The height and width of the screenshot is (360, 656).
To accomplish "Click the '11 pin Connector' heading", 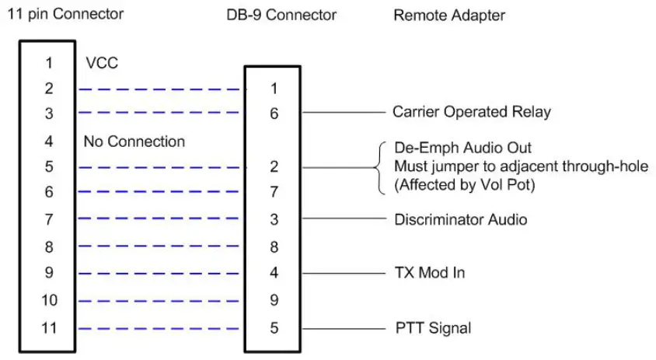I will (x=65, y=14).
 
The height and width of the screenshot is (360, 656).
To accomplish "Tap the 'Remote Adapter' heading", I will (x=449, y=15).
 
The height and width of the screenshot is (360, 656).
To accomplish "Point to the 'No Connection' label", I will (x=134, y=142).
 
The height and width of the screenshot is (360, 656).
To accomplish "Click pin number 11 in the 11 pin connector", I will (x=49, y=327).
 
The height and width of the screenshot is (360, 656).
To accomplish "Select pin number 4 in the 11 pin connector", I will (x=49, y=142).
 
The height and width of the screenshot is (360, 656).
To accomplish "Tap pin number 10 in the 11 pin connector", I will (x=49, y=300).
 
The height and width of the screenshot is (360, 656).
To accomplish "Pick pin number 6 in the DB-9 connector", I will (x=274, y=114).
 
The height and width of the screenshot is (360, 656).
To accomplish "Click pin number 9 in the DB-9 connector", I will (x=274, y=300).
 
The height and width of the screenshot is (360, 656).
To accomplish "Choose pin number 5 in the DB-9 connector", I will (x=274, y=327).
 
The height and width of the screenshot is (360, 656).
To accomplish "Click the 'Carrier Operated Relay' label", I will (x=471, y=112).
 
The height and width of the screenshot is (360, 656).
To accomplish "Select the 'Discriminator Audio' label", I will (x=460, y=219).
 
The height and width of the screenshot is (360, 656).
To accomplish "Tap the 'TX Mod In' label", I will (x=429, y=273).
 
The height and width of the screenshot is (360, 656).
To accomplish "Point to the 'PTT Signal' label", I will (x=432, y=327).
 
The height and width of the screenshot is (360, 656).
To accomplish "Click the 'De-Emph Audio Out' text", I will (x=452, y=148).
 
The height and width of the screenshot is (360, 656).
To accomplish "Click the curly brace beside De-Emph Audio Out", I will (x=381, y=166).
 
